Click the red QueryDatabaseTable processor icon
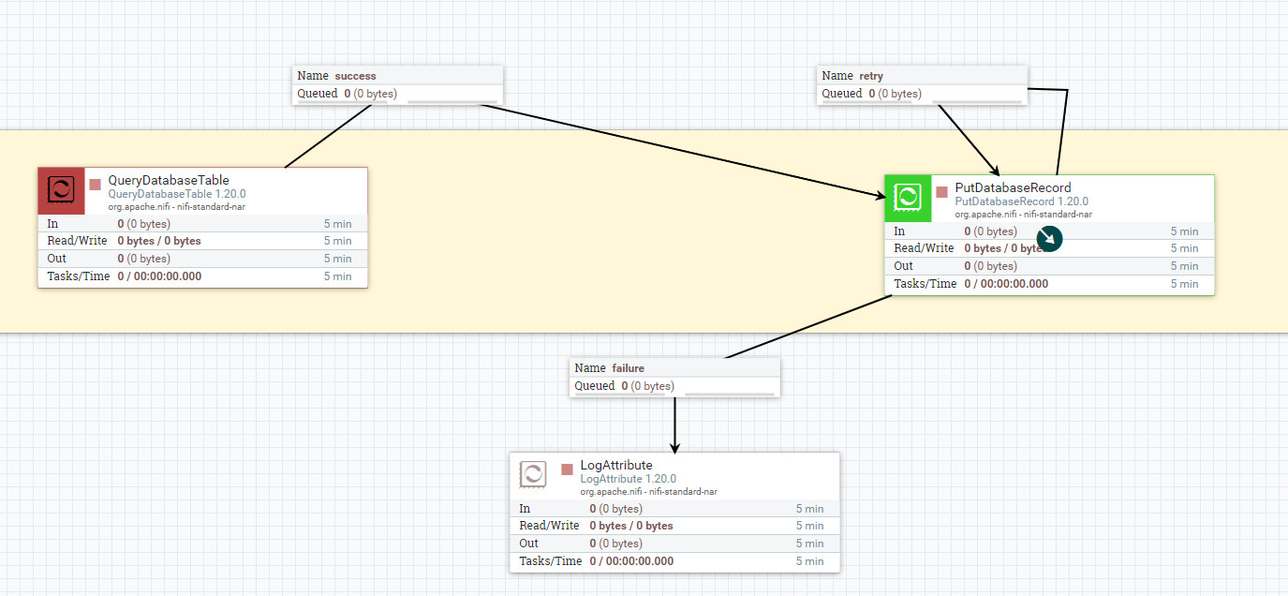click(61, 190)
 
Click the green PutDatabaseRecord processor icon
click(908, 198)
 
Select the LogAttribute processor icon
click(533, 475)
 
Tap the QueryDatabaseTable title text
click(169, 180)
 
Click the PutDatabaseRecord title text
click(1013, 187)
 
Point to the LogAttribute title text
click(616, 465)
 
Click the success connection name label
click(355, 76)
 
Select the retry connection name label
click(871, 76)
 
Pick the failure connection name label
click(628, 368)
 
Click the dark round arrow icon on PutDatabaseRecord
click(1050, 238)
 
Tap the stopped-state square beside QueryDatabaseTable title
click(95, 184)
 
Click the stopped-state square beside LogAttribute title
click(567, 469)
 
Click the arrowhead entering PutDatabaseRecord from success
click(879, 196)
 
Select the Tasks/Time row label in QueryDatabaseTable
click(79, 276)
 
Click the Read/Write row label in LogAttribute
click(549, 526)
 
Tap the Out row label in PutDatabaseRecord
click(903, 266)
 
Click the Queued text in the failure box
click(594, 386)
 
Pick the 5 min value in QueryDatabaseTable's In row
click(337, 224)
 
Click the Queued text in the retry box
click(841, 94)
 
